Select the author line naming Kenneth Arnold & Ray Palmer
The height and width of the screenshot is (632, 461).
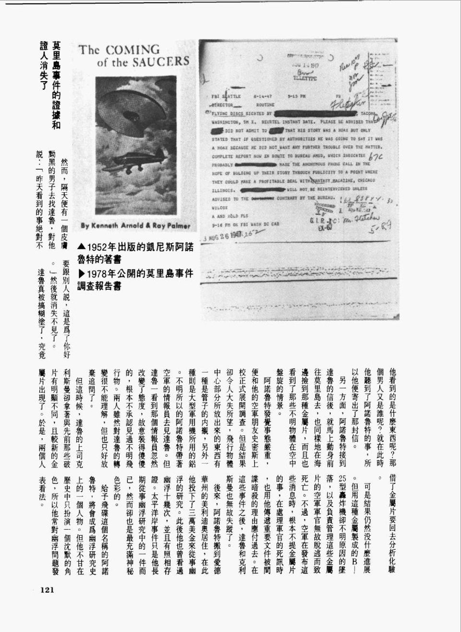tap(135, 225)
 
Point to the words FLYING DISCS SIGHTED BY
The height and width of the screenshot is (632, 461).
tap(244, 114)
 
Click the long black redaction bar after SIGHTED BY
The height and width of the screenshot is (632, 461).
tap(315, 114)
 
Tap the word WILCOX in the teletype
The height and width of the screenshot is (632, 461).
tap(220, 208)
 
